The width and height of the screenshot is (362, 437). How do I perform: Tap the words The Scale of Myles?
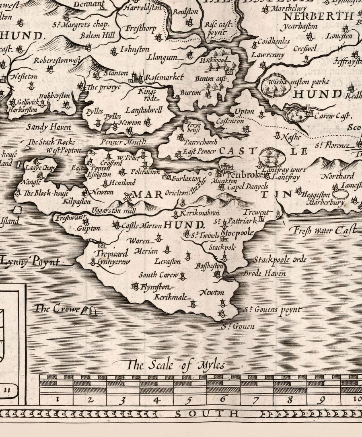pos(176,365)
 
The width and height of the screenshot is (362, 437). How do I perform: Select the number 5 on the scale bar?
pos(190,400)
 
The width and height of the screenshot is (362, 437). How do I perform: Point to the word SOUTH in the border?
pos(206,414)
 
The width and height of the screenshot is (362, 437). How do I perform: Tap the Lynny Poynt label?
pos(31,262)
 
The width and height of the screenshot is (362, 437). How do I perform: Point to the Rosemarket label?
pos(164,77)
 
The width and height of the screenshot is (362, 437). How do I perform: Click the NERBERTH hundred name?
pos(318,16)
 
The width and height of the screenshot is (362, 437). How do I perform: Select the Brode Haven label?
pos(265,274)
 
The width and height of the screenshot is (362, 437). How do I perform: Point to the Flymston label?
pos(155,287)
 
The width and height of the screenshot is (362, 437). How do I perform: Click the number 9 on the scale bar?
pos(321,400)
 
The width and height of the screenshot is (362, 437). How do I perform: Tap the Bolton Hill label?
pos(97,36)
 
